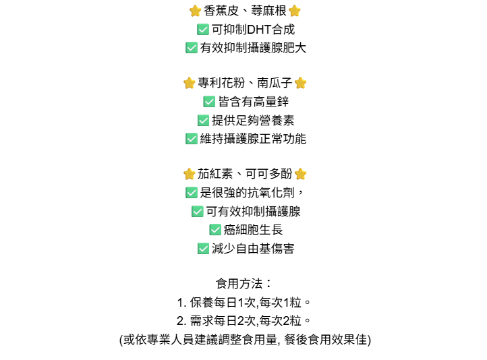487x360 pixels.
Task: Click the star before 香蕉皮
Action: [x=195, y=11]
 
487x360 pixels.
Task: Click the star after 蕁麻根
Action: [x=294, y=11]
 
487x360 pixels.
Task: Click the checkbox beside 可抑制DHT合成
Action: [x=202, y=30]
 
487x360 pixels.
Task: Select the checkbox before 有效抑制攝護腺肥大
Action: [x=191, y=48]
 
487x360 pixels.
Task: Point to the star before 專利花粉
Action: [x=189, y=83]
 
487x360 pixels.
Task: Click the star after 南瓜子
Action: [x=300, y=83]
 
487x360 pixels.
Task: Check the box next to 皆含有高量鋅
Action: [x=209, y=102]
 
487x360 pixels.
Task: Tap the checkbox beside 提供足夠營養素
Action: [x=203, y=120]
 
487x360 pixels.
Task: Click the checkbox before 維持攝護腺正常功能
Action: [x=191, y=139]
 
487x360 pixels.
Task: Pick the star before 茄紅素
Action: [x=189, y=174]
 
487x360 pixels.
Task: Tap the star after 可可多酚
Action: [x=300, y=174]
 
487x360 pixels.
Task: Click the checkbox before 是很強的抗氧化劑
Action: [x=191, y=193]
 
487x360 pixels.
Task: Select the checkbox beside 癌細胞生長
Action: [x=215, y=230]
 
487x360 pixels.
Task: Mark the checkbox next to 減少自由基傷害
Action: [x=203, y=248]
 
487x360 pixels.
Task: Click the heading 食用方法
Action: [x=240, y=284]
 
